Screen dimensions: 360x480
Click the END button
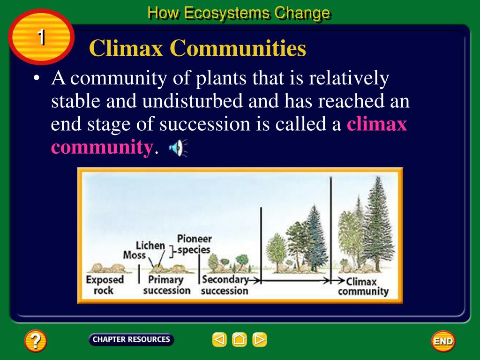click(442, 341)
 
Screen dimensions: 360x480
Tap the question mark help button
click(36, 341)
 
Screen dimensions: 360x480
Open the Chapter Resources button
click(131, 339)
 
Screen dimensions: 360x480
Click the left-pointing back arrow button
click(219, 339)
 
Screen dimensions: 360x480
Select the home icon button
click(239, 339)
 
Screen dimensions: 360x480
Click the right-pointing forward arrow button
click(259, 339)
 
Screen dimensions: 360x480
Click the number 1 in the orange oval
click(41, 37)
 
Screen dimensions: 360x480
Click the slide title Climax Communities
click(197, 48)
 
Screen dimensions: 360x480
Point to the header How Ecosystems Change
click(239, 13)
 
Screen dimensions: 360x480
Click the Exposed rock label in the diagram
click(105, 285)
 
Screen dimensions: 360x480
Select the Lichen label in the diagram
click(150, 245)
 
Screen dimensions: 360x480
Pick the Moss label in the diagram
click(134, 255)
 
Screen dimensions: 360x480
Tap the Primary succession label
click(166, 285)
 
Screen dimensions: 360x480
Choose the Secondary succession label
click(225, 285)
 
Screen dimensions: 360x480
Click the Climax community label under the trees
click(363, 286)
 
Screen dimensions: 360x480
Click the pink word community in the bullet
click(102, 147)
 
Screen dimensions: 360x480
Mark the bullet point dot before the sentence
click(37, 79)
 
